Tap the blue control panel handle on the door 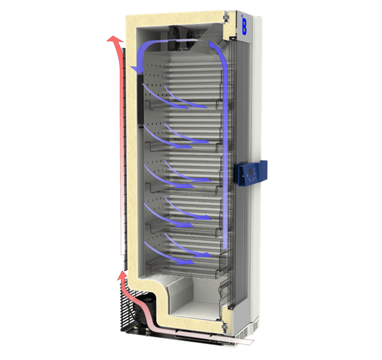252,173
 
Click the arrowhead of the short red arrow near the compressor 122,274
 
